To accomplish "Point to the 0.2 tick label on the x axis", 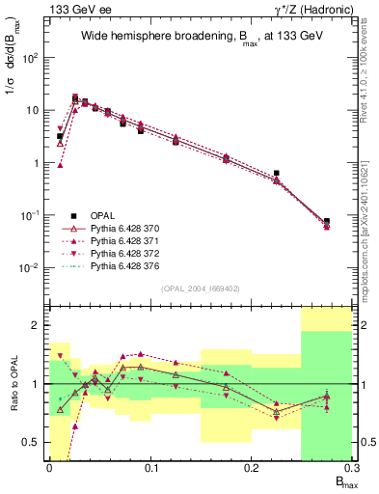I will (x=251, y=469).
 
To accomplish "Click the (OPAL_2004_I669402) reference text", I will (x=194, y=288).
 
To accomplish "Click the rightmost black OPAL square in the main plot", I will (x=327, y=221).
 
